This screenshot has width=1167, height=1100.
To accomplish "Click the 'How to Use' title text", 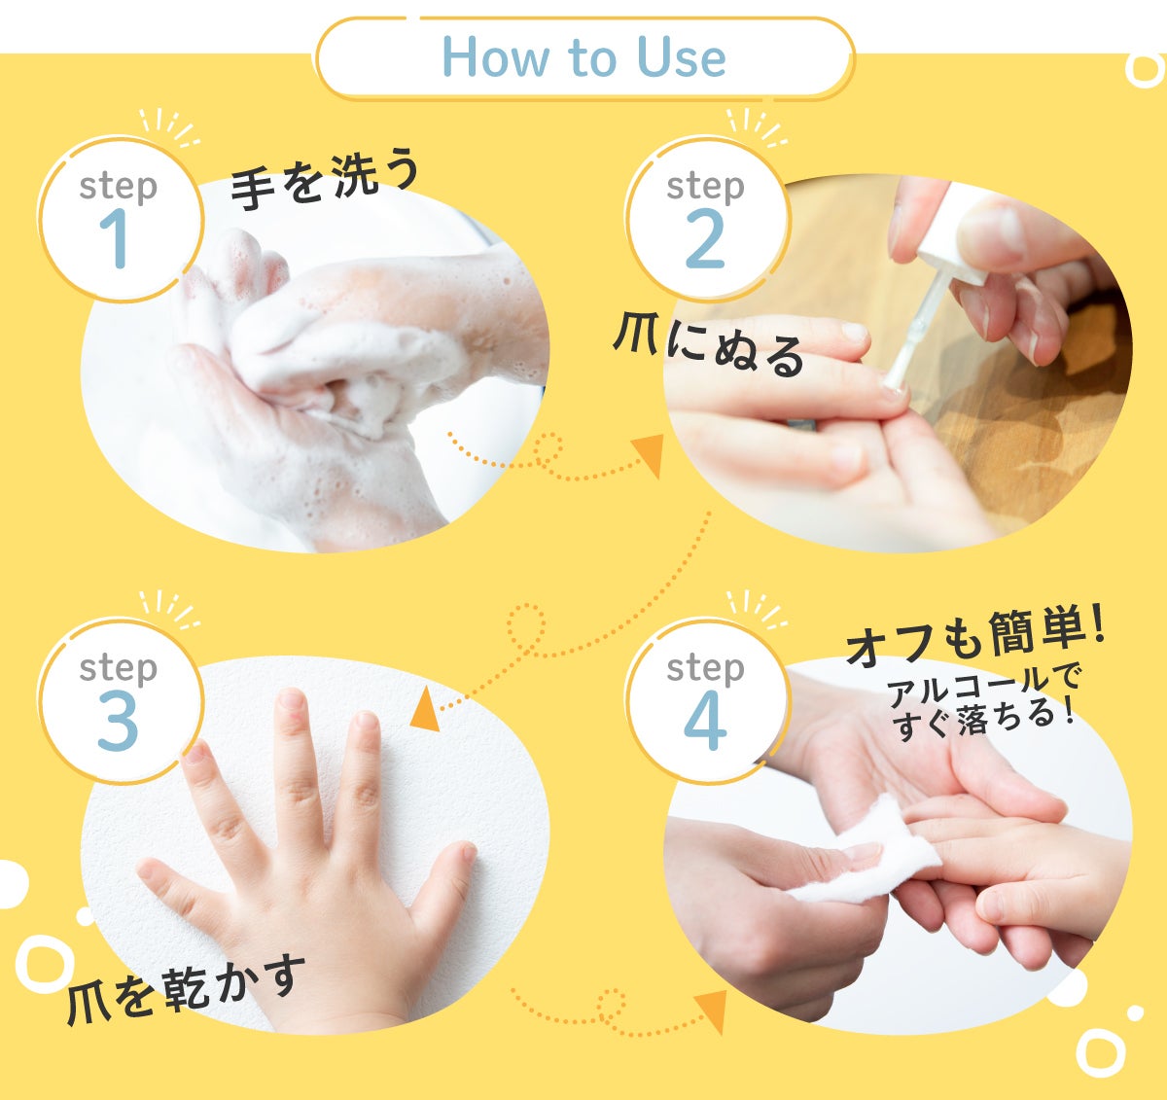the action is [583, 57].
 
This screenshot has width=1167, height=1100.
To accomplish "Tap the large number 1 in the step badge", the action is [116, 238].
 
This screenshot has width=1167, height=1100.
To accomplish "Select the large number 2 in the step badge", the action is [704, 238].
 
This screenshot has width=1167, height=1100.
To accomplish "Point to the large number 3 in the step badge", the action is [118, 720].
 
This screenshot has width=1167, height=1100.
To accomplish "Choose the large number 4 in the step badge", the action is [705, 720].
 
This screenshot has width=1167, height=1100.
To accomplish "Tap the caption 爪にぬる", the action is [708, 348].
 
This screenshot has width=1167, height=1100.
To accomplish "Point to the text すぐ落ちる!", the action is [982, 720].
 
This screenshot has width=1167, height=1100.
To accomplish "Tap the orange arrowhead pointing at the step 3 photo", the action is [426, 710].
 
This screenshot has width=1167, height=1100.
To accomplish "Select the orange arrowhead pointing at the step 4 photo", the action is [712, 1011].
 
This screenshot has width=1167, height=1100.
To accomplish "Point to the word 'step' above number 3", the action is [118, 668].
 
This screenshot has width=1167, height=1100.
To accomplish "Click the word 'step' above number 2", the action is [705, 187].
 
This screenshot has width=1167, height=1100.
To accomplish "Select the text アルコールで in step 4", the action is [982, 685].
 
